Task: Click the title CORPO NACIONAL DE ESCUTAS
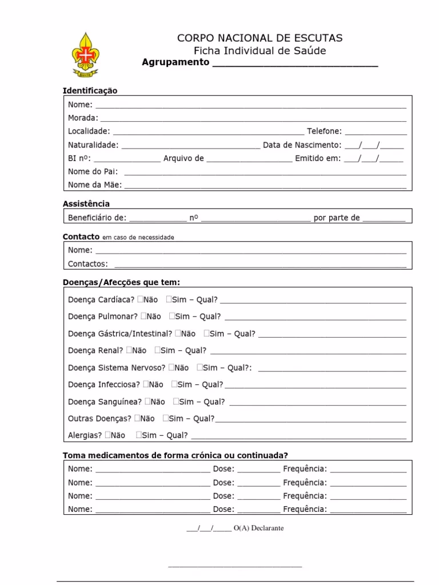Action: tap(260, 38)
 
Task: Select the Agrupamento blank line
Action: tap(295, 63)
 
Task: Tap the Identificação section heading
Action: tap(90, 91)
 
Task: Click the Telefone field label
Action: tap(324, 131)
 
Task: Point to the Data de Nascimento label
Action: tap(302, 145)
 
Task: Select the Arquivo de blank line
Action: tap(249, 159)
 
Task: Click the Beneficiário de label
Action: tap(97, 218)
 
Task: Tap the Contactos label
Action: tap(87, 264)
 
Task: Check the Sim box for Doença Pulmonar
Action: tap(172, 316)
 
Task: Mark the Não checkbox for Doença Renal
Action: tap(129, 350)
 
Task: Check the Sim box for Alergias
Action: tap(139, 435)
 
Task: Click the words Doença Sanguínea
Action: tap(104, 402)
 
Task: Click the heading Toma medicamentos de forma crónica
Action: tap(175, 455)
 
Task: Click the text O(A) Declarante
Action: tap(258, 528)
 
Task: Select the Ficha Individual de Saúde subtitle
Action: tap(260, 50)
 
